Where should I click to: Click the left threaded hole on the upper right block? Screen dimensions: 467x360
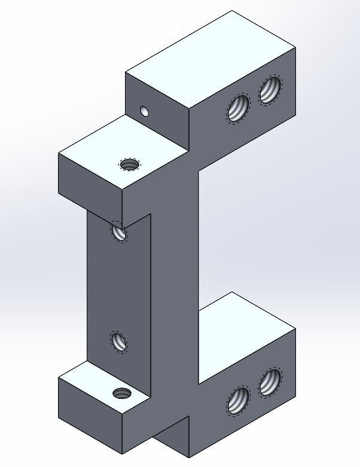pyautogui.click(x=238, y=109)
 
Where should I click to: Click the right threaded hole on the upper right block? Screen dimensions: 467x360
pyautogui.click(x=269, y=90)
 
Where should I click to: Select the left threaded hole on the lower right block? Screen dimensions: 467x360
pyautogui.click(x=238, y=400)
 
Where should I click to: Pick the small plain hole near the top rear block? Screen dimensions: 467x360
pyautogui.click(x=144, y=111)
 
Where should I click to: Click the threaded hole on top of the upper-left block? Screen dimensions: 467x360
pyautogui.click(x=129, y=164)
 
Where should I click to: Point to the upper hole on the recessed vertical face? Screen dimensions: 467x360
pyautogui.click(x=119, y=232)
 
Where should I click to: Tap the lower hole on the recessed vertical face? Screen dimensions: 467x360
pyautogui.click(x=119, y=342)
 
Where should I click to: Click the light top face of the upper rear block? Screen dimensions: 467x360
pyautogui.click(x=209, y=60)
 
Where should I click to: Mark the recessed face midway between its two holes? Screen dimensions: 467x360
pyautogui.click(x=119, y=287)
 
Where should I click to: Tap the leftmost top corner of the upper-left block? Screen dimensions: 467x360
pyautogui.click(x=59, y=155)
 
